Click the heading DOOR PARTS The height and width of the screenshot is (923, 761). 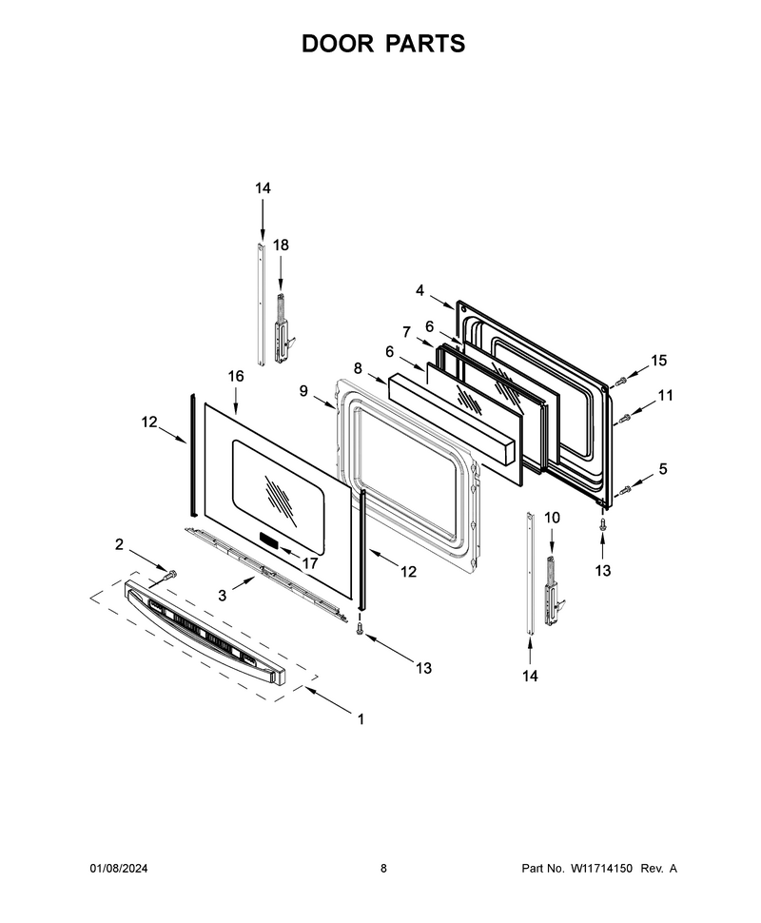point(383,44)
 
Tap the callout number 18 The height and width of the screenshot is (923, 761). point(281,245)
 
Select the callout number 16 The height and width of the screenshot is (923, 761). point(235,376)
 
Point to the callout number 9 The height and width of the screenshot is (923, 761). point(303,391)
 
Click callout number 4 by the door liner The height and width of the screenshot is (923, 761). point(420,290)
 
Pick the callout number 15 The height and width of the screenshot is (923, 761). point(658,361)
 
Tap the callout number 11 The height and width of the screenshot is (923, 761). point(665,396)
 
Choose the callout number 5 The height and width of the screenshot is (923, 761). point(663,469)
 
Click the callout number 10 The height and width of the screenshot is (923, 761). point(552,518)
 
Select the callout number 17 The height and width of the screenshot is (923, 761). point(309,563)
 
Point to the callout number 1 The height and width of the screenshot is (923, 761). point(361,718)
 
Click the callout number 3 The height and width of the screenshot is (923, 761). point(222,596)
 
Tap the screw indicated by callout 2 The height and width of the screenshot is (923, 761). point(170,575)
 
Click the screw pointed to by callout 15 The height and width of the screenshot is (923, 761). point(620,382)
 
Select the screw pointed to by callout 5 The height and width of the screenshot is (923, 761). point(626,488)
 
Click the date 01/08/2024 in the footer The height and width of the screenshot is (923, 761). point(118,868)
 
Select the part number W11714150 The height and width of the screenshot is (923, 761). point(599,868)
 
